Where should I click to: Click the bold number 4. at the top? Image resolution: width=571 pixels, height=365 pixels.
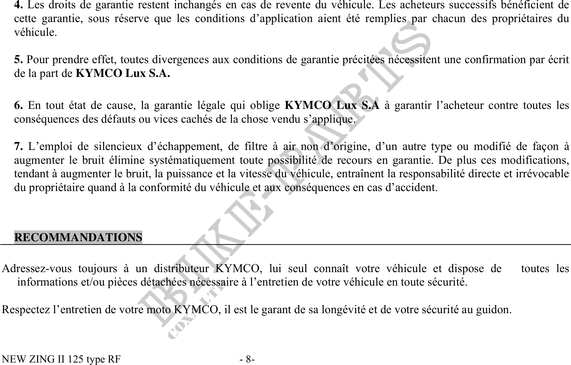coord(18,5)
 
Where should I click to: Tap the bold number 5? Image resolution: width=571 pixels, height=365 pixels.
coord(18,60)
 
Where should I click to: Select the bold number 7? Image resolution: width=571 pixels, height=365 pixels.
coord(18,146)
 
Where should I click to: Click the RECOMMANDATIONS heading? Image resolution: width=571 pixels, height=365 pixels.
coord(78,237)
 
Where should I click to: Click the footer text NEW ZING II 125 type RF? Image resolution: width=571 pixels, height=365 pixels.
coord(61,359)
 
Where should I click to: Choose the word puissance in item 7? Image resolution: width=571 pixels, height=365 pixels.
coord(187,174)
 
